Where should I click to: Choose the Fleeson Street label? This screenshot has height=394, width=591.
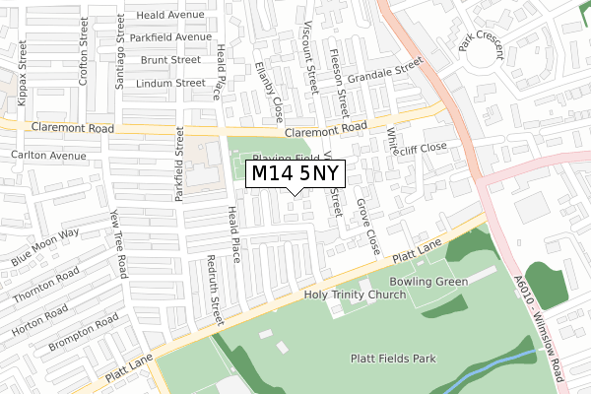pos(338,83)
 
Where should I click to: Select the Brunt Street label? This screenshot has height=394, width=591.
pos(169,60)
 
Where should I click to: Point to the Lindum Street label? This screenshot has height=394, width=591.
pos(172,84)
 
